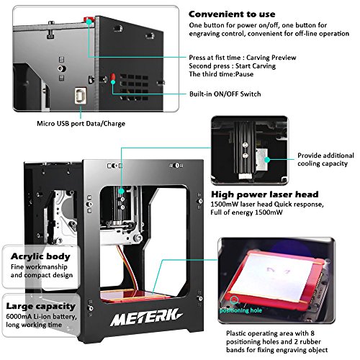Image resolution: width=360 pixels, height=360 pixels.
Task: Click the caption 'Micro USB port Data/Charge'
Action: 81,123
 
